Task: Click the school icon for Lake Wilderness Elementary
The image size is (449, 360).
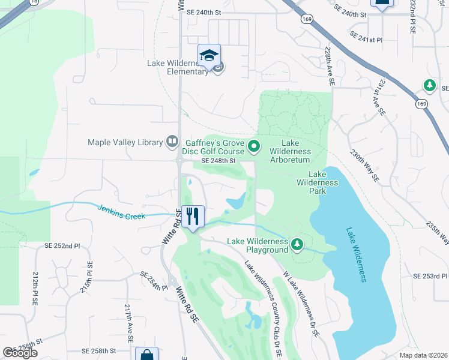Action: (x=209, y=56)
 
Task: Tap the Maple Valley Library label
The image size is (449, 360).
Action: (x=125, y=142)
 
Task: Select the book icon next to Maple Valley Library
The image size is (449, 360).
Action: (x=172, y=142)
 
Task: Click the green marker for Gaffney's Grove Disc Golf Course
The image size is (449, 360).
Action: (x=254, y=146)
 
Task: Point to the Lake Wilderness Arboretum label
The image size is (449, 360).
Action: (x=290, y=152)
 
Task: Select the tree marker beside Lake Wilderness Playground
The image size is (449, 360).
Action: (x=297, y=244)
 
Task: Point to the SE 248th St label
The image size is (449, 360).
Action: (x=218, y=161)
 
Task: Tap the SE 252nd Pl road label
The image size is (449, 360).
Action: (x=62, y=246)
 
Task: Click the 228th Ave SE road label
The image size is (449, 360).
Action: (x=330, y=68)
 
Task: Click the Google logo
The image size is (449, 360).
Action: (x=20, y=353)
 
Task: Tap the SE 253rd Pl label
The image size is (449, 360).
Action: (x=430, y=276)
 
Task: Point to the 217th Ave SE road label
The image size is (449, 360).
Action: (x=128, y=323)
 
